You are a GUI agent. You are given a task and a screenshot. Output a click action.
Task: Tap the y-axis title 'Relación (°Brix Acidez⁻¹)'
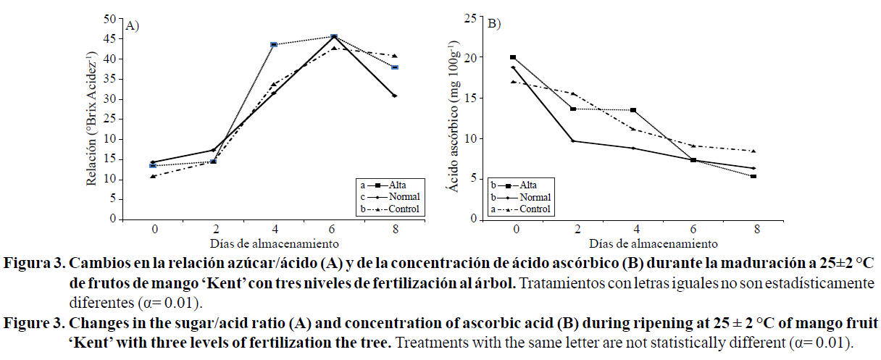point(92,118)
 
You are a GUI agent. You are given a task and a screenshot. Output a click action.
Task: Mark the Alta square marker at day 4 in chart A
point(274,45)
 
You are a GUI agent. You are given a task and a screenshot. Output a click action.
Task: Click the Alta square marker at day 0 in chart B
point(513,57)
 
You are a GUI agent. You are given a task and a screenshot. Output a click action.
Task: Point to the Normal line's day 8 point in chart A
point(393,96)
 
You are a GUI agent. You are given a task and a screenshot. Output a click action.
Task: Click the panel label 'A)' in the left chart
point(133,25)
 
